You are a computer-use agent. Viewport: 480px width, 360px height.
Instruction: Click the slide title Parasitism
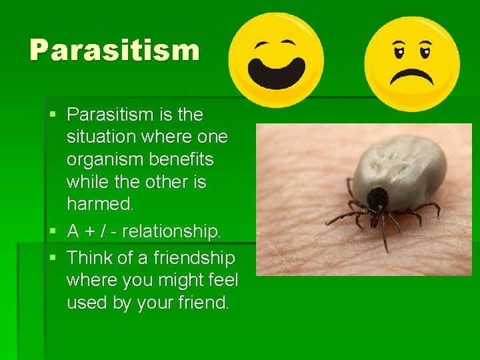click(114, 50)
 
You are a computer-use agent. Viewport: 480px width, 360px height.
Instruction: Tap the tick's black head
click(378, 199)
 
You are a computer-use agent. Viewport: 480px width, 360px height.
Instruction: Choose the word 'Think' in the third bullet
click(90, 257)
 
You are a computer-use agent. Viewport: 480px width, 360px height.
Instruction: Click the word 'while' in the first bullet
click(88, 182)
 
